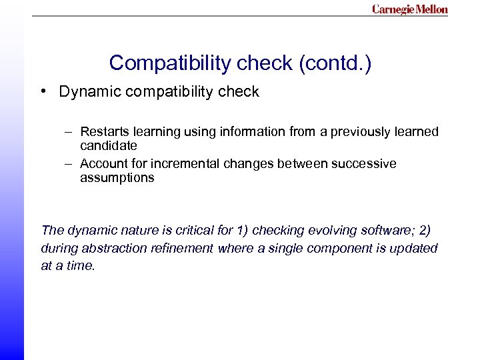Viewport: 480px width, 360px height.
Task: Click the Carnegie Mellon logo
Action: point(409,9)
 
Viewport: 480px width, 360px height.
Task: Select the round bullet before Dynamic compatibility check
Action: point(42,92)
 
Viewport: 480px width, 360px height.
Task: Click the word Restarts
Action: point(102,132)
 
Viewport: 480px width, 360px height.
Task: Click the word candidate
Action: point(108,145)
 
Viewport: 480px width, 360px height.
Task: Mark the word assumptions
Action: point(117,178)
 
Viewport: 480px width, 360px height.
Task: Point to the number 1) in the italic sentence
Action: point(243,231)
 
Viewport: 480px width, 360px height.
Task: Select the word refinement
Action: point(183,249)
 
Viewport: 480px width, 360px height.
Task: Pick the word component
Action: point(331,249)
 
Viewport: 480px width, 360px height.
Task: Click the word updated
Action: point(416,249)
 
